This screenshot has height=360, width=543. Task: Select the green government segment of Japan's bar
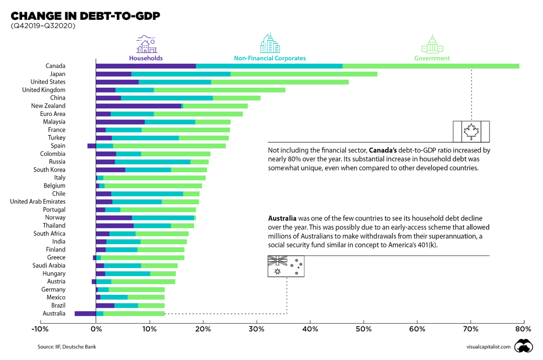304,74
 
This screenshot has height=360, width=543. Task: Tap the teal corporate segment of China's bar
167,98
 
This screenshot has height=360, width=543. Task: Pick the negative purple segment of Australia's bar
85,313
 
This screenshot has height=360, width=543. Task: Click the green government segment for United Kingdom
219,90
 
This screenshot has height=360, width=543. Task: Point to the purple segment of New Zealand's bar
138,106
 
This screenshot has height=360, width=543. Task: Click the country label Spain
58,146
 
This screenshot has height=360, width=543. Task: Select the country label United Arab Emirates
38,202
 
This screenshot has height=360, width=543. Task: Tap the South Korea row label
49,170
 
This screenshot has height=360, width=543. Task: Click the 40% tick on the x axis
310,328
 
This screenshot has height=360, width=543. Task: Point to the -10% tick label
40,328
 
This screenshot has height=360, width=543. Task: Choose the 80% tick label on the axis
524,328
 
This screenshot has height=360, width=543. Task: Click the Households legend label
146,58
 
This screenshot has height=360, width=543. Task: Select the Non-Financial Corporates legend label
270,58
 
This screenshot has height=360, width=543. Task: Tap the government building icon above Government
432,44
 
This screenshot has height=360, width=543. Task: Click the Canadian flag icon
472,132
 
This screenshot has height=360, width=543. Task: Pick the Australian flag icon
286,266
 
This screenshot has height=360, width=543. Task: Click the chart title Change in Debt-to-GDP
85,17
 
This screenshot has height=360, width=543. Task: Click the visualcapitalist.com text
488,347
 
